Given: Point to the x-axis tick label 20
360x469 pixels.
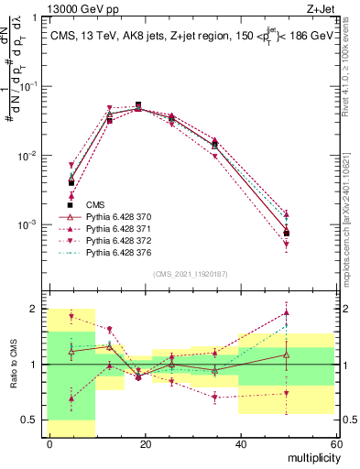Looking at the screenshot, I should (145, 444).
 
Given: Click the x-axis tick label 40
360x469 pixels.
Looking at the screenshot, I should (240, 444).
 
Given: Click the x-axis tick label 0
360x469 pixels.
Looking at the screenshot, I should (49, 444).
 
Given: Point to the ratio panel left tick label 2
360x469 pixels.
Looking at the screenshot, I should (34, 309).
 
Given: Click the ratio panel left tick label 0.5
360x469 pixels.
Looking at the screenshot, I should (30, 420).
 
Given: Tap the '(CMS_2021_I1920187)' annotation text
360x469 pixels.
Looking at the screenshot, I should (191, 272).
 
